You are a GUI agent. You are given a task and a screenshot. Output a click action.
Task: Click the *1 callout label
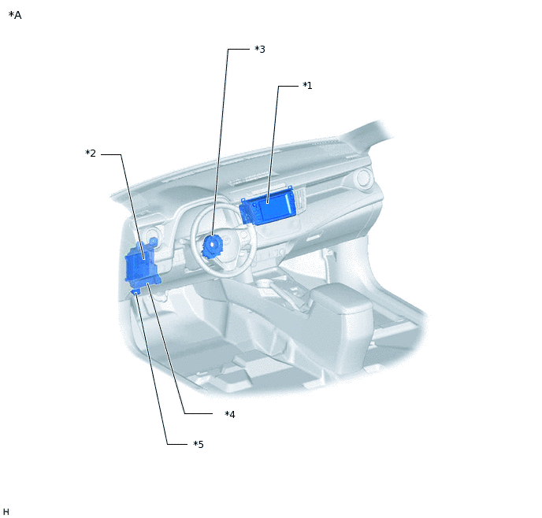307,85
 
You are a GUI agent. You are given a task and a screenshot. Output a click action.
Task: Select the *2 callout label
91,153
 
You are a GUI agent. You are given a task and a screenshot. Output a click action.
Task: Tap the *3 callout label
260,49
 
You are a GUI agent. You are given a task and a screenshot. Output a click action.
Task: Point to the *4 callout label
230,414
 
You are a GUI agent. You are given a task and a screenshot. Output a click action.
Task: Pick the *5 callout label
199,444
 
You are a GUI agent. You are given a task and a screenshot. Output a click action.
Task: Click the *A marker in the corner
15,15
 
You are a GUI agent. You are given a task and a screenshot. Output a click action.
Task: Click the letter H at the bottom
6,512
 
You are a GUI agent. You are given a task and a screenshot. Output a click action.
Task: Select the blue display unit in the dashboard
268,209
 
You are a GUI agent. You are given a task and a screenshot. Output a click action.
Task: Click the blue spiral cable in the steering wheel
212,246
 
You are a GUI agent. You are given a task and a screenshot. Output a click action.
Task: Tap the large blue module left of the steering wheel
141,265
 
